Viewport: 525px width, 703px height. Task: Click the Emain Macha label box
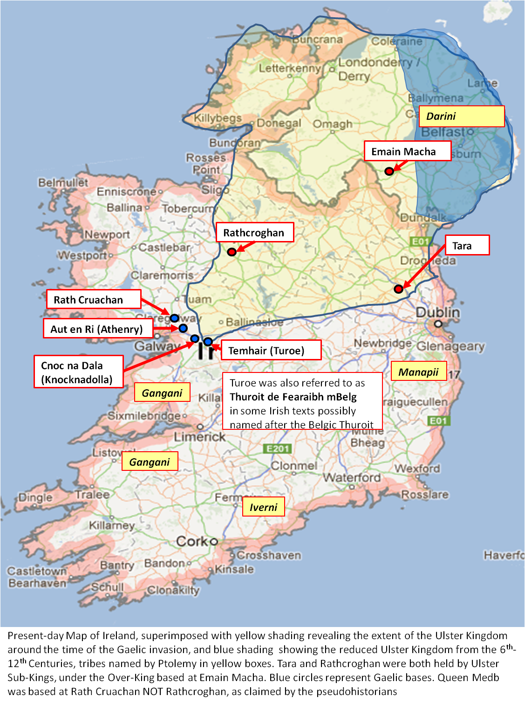coord(407,151)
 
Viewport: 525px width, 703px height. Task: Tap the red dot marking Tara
coord(398,289)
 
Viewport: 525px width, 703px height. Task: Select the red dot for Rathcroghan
coord(232,252)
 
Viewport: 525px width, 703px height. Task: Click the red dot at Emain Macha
coord(389,171)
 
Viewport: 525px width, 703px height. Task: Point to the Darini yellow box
coord(462,116)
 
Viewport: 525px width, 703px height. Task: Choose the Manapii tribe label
coord(418,372)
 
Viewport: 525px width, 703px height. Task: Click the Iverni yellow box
coord(263,507)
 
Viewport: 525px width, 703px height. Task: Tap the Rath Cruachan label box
coord(94,299)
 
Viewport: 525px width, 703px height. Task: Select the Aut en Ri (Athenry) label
coord(98,329)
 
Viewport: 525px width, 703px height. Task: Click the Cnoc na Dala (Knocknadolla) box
coord(78,372)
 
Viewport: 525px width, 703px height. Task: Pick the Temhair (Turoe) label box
coord(271,350)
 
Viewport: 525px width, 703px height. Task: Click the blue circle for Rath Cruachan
coord(174,318)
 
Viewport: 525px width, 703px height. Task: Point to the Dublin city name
coord(437,312)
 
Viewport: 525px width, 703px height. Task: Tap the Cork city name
coord(192,541)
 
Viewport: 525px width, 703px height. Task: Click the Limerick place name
coord(199,437)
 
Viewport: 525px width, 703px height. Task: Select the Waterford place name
coord(352,477)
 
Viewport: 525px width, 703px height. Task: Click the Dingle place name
coord(35,497)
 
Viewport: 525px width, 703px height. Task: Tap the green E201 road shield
coord(278,448)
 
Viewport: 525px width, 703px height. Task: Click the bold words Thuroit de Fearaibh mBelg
coord(293,397)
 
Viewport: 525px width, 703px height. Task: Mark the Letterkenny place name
coord(290,69)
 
